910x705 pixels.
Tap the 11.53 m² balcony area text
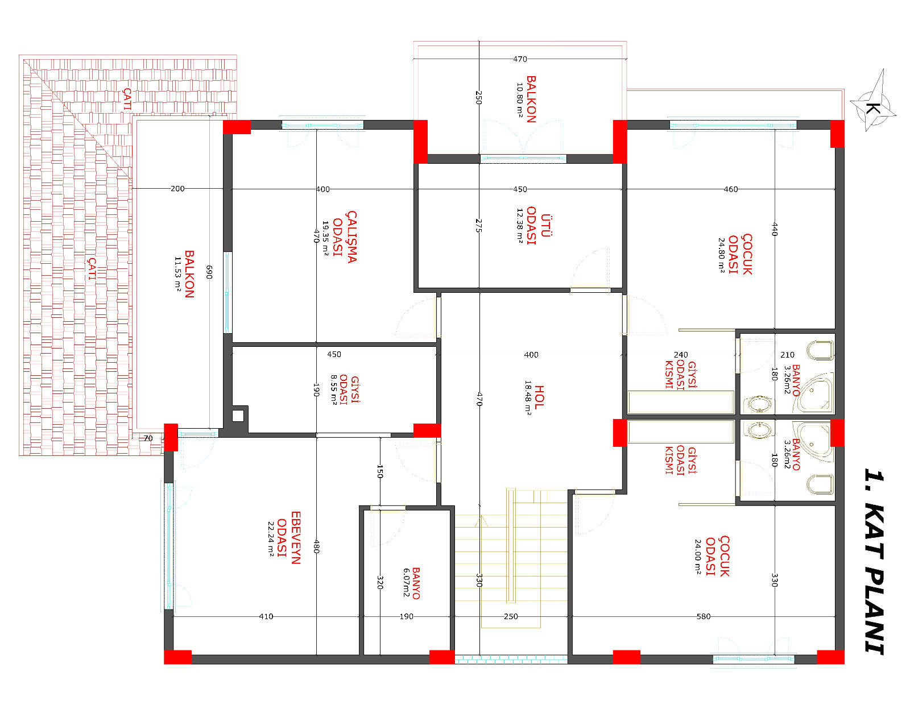pyautogui.click(x=177, y=274)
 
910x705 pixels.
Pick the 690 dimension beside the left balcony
pyautogui.click(x=209, y=272)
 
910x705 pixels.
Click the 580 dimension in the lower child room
pyautogui.click(x=703, y=616)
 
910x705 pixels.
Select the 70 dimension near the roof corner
pyautogui.click(x=148, y=438)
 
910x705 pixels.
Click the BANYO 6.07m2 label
pyautogui.click(x=411, y=583)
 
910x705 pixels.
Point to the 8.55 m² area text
pyautogui.click(x=334, y=390)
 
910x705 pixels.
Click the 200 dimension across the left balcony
pyautogui.click(x=177, y=188)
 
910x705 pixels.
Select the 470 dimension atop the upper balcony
pyautogui.click(x=520, y=59)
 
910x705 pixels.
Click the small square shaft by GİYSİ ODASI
pyautogui.click(x=238, y=416)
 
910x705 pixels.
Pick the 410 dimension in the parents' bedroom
pyautogui.click(x=266, y=616)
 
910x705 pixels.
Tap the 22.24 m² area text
pyautogui.click(x=271, y=538)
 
